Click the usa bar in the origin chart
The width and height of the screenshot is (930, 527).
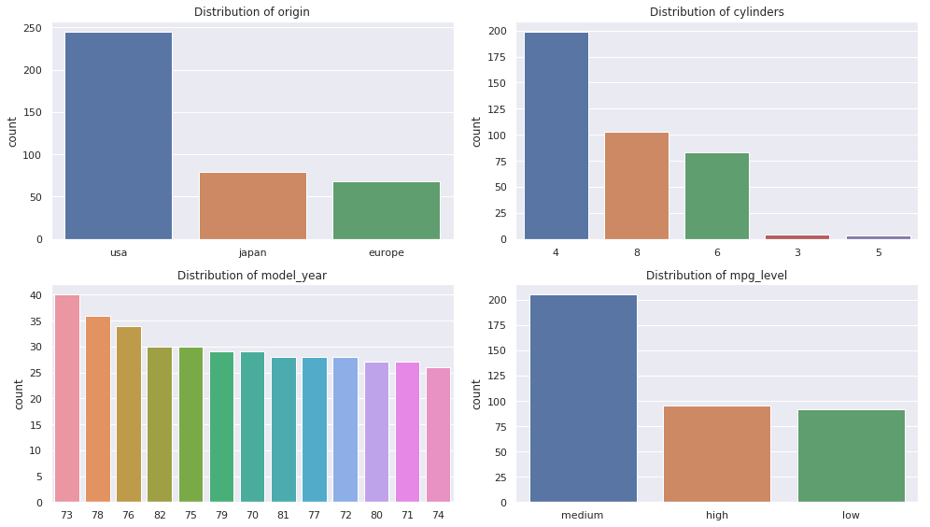(x=118, y=136)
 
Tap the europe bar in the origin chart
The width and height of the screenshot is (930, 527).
(x=387, y=210)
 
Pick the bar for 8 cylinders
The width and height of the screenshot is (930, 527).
(x=637, y=186)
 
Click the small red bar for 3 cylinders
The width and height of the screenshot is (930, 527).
(x=797, y=236)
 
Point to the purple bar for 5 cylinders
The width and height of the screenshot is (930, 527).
(x=878, y=237)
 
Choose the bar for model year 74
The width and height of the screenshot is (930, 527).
(x=438, y=435)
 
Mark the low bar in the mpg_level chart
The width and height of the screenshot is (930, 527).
(x=851, y=456)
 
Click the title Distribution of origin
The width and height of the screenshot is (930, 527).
(x=252, y=12)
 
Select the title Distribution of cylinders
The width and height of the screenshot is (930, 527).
(x=716, y=12)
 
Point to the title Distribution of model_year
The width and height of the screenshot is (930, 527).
(x=252, y=276)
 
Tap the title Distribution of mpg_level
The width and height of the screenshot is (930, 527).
(x=716, y=276)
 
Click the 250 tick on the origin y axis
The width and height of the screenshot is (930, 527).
(x=32, y=28)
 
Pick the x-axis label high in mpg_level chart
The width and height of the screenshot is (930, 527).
(x=717, y=515)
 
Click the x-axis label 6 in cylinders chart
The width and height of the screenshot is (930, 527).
(x=717, y=252)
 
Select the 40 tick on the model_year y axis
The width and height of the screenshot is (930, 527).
(x=35, y=295)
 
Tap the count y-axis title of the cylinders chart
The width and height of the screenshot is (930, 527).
(x=476, y=132)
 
